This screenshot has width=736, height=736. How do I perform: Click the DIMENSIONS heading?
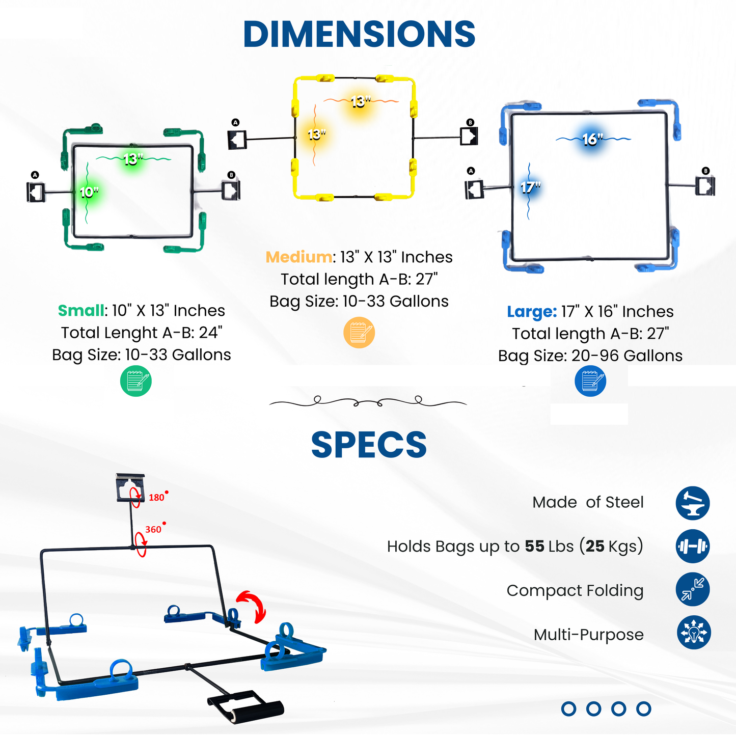pos(360,34)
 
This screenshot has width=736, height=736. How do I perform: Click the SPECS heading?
pos(369,445)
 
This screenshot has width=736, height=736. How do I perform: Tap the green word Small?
pos(81,310)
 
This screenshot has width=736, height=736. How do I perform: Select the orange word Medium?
pos(299,257)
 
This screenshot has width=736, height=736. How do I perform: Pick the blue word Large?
pos(532,311)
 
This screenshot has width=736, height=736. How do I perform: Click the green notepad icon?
pos(136,381)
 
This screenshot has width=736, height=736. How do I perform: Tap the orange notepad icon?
pos(359,333)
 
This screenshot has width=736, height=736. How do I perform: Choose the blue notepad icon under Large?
pos(590,381)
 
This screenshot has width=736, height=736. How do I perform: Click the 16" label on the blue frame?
pos(592,139)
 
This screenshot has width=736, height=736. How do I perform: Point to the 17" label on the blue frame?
pos(530,187)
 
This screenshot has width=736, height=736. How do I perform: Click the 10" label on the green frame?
pos(89,192)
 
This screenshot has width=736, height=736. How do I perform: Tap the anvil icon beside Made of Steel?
pos(693,503)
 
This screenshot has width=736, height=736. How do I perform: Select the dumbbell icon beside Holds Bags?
pos(693,546)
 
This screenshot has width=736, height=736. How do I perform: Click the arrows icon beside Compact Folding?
pos(693,589)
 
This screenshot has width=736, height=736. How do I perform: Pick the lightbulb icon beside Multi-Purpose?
pos(693,633)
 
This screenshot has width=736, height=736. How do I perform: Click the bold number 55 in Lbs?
pos(534,546)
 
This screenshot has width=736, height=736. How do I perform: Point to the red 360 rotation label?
pos(153,530)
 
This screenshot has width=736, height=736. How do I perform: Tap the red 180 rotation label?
pos(156,498)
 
